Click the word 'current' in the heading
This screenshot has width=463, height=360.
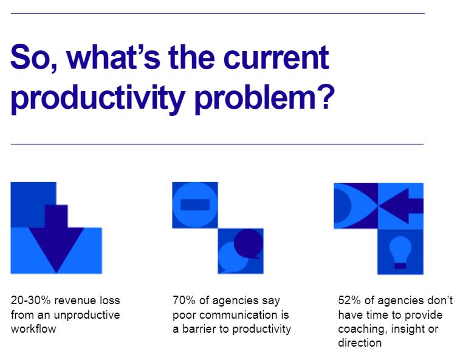coord(276,58)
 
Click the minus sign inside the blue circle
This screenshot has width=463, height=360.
coord(194,205)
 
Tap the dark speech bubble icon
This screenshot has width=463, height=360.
coord(248,243)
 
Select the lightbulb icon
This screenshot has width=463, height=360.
coord(400,251)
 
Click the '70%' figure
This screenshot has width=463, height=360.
coord(185,301)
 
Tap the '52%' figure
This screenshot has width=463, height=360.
coord(350,301)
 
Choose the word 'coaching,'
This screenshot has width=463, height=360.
coord(361,330)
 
